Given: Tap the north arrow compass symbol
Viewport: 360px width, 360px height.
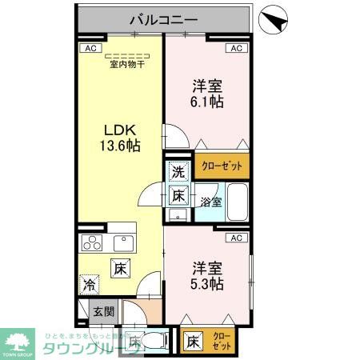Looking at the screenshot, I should coord(274,19).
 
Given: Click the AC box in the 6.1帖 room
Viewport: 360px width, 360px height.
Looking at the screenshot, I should coord(236,48).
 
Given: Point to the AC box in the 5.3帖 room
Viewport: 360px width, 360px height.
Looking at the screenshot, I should coord(236,238).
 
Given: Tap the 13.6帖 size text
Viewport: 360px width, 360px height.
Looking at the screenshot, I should coord(120,146).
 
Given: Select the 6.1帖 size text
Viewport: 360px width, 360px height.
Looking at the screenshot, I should coord(207,102).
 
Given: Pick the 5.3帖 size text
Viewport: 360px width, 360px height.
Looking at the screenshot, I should coord(207,283).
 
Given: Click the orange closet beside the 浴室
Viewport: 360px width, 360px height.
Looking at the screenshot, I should coord(222,166).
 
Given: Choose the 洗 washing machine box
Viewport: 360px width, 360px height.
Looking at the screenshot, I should coord(178,170).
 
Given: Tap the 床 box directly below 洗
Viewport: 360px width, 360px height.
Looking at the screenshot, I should coord(178,194).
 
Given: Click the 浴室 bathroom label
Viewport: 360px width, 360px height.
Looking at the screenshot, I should coord(210,202).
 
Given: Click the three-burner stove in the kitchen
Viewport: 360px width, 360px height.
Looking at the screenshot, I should coord(92,244).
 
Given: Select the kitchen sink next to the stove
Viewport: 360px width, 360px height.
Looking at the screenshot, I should coord(125,243).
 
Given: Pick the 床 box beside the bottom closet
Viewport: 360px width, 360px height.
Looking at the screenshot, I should coord(193,342).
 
